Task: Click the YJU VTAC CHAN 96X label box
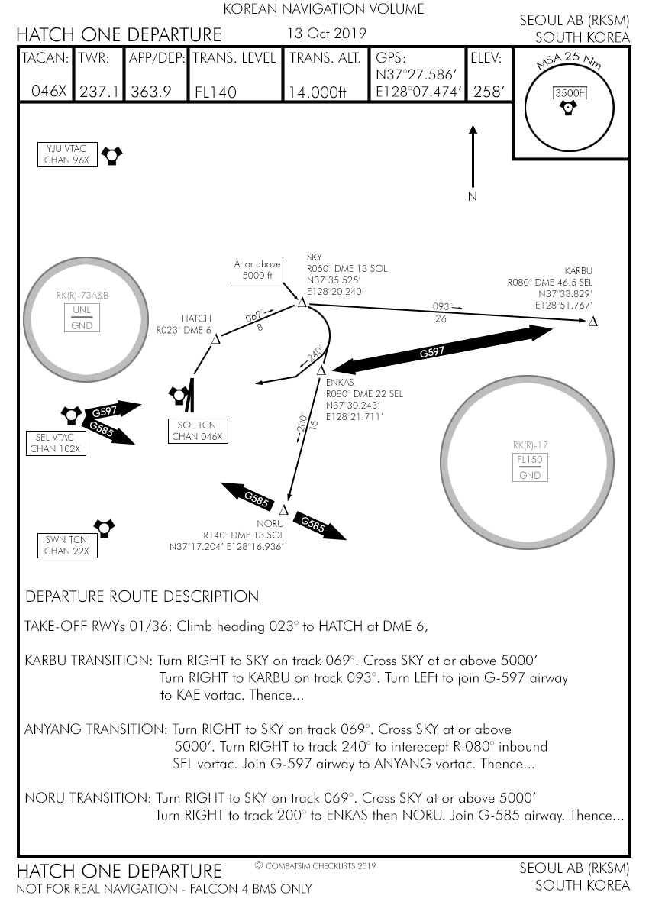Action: pos(67,154)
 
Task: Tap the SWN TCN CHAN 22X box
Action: pos(67,545)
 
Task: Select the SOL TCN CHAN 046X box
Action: pos(197,431)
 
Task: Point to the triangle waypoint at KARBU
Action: pos(592,322)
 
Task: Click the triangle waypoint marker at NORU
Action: pos(284,509)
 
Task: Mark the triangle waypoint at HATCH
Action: pos(215,338)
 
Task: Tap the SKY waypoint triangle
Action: pos(302,303)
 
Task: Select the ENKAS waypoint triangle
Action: pos(321,371)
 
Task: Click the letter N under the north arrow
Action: pos(472,197)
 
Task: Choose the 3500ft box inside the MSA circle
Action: pos(570,93)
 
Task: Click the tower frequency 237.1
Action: pos(99,92)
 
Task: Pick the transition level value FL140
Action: pos(216,92)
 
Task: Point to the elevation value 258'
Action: pos(489,92)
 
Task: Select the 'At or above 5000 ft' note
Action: pos(257,270)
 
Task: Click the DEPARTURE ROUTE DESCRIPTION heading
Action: pos(142,596)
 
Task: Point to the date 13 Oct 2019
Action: pos(326,34)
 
